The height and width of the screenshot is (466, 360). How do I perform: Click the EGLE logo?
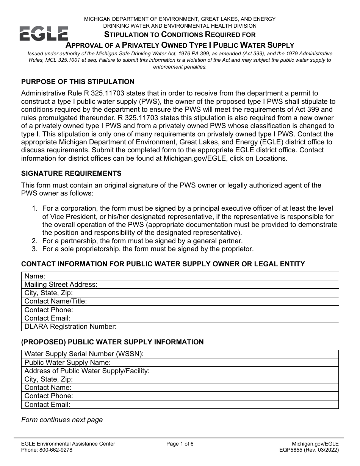44,34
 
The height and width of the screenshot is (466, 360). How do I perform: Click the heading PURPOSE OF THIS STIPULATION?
78,82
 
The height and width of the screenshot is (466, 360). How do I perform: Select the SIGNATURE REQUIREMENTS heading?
71,174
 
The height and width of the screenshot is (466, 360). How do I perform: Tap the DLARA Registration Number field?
227,327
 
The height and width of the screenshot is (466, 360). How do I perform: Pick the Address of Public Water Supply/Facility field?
243,371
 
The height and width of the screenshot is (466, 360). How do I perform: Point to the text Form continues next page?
62,420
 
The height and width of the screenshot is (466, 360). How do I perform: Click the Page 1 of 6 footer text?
180,444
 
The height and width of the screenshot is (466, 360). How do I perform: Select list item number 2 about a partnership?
142,241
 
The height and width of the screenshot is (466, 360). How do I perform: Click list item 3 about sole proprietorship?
148,249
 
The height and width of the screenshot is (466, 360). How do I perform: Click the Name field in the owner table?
189,276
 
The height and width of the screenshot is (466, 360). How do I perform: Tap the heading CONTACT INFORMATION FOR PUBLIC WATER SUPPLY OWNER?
163,264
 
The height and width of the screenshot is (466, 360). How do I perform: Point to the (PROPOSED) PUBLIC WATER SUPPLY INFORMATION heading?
112,342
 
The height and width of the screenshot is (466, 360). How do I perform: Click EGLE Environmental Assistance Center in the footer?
68,444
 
